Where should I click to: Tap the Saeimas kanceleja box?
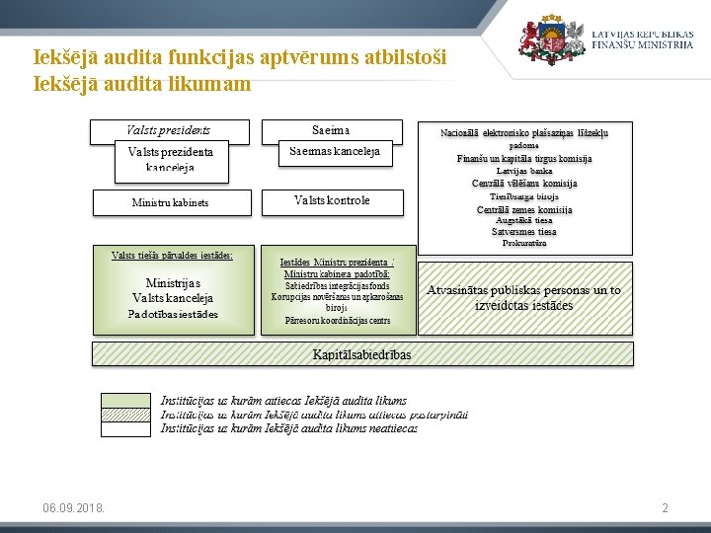pos(334,155)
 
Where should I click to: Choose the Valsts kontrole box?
pos(332,200)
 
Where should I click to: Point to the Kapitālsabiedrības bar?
pos(361,354)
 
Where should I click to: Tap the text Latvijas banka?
pos(524,171)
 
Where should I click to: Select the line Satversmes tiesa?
pos(524,232)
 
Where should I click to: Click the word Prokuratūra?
pos(524,243)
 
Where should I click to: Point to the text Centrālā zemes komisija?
pos(524,209)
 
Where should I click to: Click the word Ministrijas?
pos(173,282)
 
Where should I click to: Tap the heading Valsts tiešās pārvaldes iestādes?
pos(173,255)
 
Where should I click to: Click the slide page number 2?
pos(665,507)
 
